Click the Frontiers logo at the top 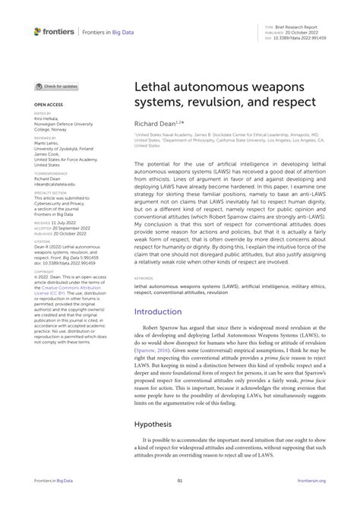[53, 31]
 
